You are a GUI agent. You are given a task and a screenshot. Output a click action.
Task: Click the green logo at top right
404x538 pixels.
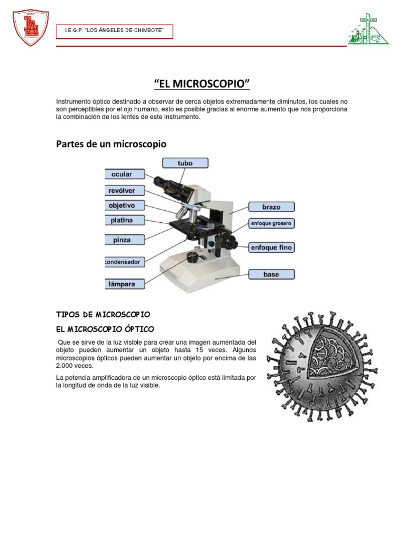(368, 30)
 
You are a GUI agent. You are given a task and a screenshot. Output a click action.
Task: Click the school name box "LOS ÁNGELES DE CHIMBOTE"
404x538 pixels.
(115, 32)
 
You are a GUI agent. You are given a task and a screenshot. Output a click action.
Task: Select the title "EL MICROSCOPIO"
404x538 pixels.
(201, 84)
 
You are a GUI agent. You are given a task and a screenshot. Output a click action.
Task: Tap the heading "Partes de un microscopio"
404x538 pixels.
(111, 143)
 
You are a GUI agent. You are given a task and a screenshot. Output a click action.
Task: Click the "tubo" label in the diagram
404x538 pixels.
(185, 163)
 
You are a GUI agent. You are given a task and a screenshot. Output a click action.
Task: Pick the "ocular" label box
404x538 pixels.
(124, 174)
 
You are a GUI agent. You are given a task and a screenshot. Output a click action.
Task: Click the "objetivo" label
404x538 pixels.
(124, 205)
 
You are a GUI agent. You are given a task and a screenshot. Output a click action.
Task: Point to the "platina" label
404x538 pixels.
(124, 220)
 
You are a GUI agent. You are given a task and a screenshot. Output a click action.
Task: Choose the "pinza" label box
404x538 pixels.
(124, 240)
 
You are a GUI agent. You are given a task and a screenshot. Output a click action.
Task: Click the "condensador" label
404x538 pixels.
(124, 261)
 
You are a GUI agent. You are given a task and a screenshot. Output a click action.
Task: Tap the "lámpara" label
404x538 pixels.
(124, 284)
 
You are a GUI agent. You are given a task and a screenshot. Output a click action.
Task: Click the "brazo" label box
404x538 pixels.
(271, 207)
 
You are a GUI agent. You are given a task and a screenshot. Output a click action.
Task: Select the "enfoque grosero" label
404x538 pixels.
(271, 224)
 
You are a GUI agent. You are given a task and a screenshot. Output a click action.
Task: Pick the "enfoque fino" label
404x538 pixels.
(271, 247)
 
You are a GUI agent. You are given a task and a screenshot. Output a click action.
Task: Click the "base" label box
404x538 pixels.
(271, 274)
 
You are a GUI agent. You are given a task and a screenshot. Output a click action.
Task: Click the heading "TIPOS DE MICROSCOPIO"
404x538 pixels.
(103, 314)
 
